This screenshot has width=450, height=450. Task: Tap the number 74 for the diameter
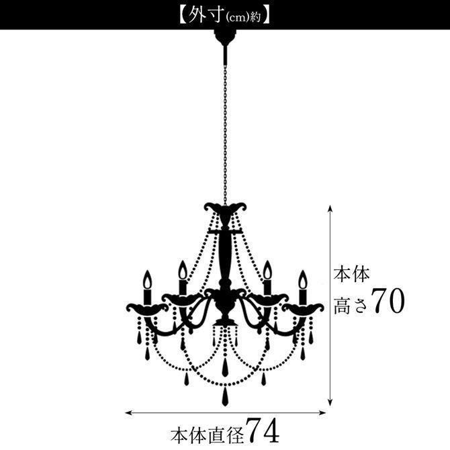click(x=263, y=431)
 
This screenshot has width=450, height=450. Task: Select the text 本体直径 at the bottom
click(x=208, y=435)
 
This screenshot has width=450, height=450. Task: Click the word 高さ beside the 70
click(x=351, y=306)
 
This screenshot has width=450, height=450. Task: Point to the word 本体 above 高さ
click(x=351, y=274)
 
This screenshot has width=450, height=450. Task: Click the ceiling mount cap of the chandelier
click(x=225, y=37)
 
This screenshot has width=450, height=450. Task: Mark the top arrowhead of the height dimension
click(x=330, y=208)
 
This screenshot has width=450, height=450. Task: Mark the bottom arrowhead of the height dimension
click(x=330, y=402)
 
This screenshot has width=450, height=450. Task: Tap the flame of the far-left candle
click(x=148, y=279)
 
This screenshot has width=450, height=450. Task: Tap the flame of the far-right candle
click(x=303, y=279)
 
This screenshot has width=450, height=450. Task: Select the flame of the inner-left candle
click(x=183, y=270)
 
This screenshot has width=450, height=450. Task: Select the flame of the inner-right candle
click(x=267, y=270)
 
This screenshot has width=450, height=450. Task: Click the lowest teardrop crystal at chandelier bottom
click(x=225, y=397)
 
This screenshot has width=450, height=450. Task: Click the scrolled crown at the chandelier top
click(x=225, y=208)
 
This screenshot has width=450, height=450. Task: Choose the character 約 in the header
click(x=255, y=17)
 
